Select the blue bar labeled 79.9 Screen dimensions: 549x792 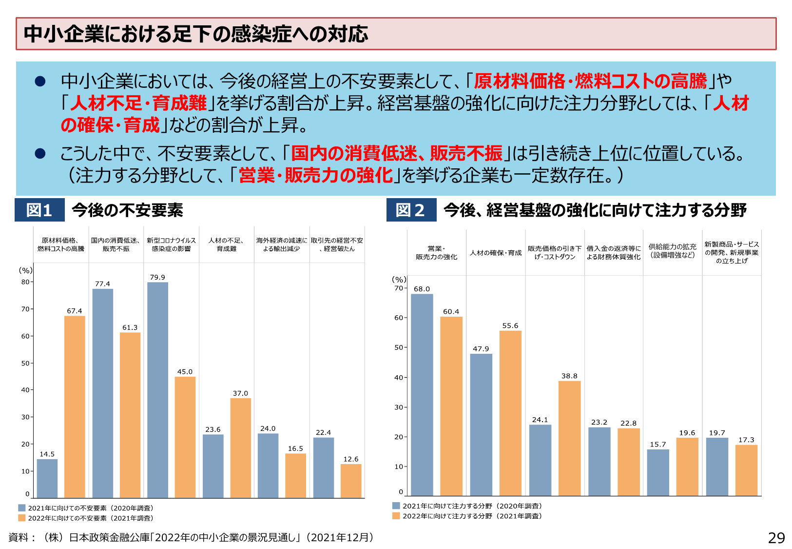[x=157, y=390]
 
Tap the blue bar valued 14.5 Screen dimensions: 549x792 [x=47, y=478]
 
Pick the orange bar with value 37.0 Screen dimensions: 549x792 [x=240, y=447]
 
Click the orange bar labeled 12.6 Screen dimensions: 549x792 [x=351, y=481]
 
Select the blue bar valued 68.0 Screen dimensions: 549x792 [x=422, y=395]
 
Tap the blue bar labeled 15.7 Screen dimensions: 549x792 [x=658, y=472]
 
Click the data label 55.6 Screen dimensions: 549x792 [x=510, y=325]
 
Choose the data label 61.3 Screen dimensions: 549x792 [x=130, y=327]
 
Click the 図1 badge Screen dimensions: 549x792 [x=39, y=210]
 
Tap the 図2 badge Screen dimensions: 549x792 [x=411, y=210]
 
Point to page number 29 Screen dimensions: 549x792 [x=776, y=538]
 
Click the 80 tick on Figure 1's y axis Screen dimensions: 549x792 [x=25, y=282]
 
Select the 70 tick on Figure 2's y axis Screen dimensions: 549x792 [x=399, y=288]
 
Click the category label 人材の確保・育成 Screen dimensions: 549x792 [x=495, y=253]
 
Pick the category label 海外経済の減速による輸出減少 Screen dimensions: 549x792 [x=282, y=244]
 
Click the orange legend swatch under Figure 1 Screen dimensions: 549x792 [x=22, y=518]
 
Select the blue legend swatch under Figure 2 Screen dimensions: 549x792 [x=396, y=506]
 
